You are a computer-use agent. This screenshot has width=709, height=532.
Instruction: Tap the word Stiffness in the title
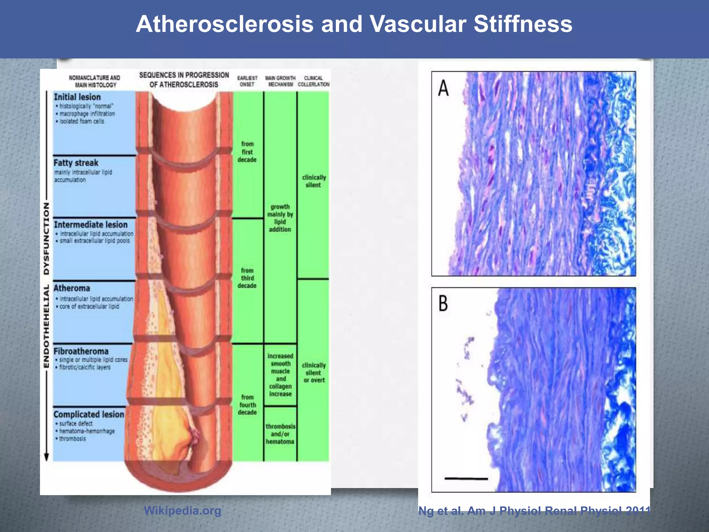click(523, 24)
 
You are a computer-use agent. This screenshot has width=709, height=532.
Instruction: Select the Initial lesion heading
click(77, 97)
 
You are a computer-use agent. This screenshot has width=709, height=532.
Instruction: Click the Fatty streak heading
click(76, 163)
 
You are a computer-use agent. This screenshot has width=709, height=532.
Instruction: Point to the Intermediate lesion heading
click(91, 224)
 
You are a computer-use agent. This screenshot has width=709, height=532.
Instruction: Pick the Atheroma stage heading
click(72, 288)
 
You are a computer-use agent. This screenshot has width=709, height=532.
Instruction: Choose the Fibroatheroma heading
click(81, 351)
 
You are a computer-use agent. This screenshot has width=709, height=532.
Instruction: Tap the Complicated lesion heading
click(89, 414)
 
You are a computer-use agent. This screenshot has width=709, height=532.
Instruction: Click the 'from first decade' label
click(247, 152)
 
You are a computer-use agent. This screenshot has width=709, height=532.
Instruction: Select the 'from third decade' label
click(247, 278)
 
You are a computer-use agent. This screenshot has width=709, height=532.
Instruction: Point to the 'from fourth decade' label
click(247, 405)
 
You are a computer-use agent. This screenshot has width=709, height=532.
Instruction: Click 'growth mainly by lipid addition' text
click(280, 218)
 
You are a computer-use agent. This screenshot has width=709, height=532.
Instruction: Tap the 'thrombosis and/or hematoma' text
click(280, 434)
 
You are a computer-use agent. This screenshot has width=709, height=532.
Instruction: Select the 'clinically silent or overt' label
click(314, 373)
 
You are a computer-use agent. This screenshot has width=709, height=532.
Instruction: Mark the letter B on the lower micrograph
click(443, 303)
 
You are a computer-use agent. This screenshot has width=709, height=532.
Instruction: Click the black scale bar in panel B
click(466, 479)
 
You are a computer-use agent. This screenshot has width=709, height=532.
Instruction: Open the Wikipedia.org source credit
click(182, 511)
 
